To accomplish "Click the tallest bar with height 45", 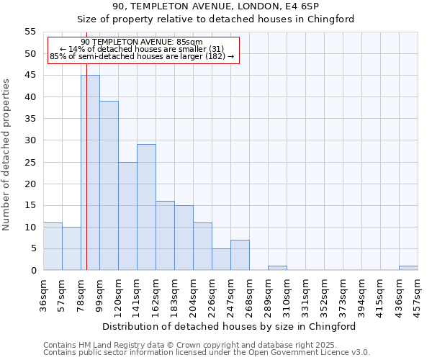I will click(x=90, y=173).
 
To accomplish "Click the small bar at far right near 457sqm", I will click(x=408, y=268).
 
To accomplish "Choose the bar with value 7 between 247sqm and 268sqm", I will click(x=240, y=255).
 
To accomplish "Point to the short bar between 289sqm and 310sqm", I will click(x=277, y=268).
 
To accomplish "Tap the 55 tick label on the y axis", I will click(x=30, y=32).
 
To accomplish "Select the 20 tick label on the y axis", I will click(x=30, y=184).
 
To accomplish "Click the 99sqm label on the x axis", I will click(x=99, y=294).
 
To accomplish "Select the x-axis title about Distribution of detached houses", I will click(x=229, y=326).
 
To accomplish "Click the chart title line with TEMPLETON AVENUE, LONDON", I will click(x=215, y=6).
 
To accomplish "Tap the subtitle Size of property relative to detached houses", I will click(x=215, y=19).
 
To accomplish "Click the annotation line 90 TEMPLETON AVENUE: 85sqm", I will click(x=142, y=42).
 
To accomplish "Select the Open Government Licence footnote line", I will click(x=207, y=353).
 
